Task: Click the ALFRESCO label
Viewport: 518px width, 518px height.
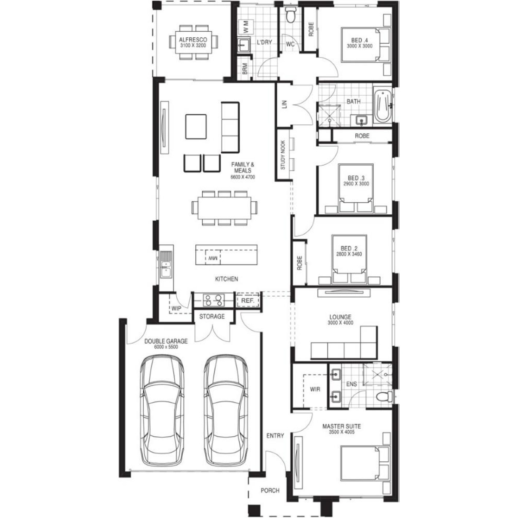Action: [193, 40]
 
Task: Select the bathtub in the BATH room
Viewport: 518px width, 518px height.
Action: [382, 106]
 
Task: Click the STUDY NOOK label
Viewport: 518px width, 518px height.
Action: [283, 155]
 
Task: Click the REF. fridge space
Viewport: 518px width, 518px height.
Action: [248, 300]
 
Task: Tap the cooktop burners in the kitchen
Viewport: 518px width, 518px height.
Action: [213, 300]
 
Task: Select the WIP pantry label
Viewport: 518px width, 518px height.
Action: [176, 308]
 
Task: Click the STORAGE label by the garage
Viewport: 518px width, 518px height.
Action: [212, 316]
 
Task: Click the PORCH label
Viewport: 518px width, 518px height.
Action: [270, 490]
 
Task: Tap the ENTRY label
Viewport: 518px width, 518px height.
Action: [275, 436]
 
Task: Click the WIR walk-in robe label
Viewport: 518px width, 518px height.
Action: [315, 389]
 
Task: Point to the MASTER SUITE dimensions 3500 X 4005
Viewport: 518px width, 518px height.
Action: [342, 432]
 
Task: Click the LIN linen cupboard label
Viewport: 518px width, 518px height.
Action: [285, 104]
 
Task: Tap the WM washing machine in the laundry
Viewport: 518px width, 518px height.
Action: [246, 27]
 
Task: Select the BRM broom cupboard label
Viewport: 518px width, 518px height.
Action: [245, 68]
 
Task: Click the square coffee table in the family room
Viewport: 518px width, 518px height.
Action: [196, 127]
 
